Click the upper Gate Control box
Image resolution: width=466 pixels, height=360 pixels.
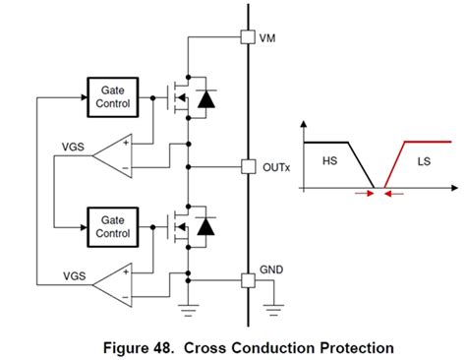113,96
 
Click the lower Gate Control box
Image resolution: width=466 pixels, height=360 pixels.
113,226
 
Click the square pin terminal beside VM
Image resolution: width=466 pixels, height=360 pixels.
248,38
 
